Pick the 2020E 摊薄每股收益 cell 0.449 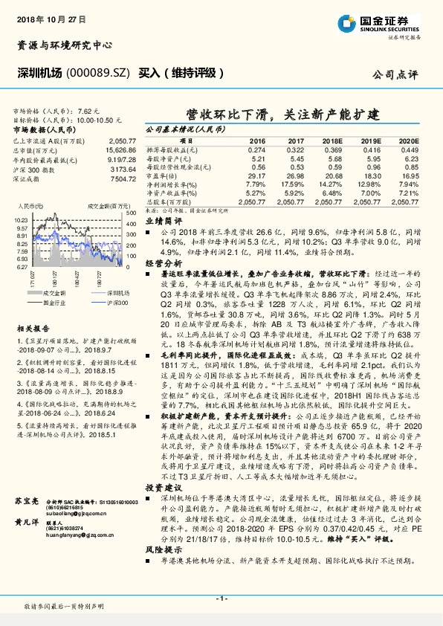tap(408, 149)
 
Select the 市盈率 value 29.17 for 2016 tap(256, 175)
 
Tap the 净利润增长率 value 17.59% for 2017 tap(294, 184)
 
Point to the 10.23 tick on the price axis tap(20, 221)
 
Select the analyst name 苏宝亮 tap(26, 483)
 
